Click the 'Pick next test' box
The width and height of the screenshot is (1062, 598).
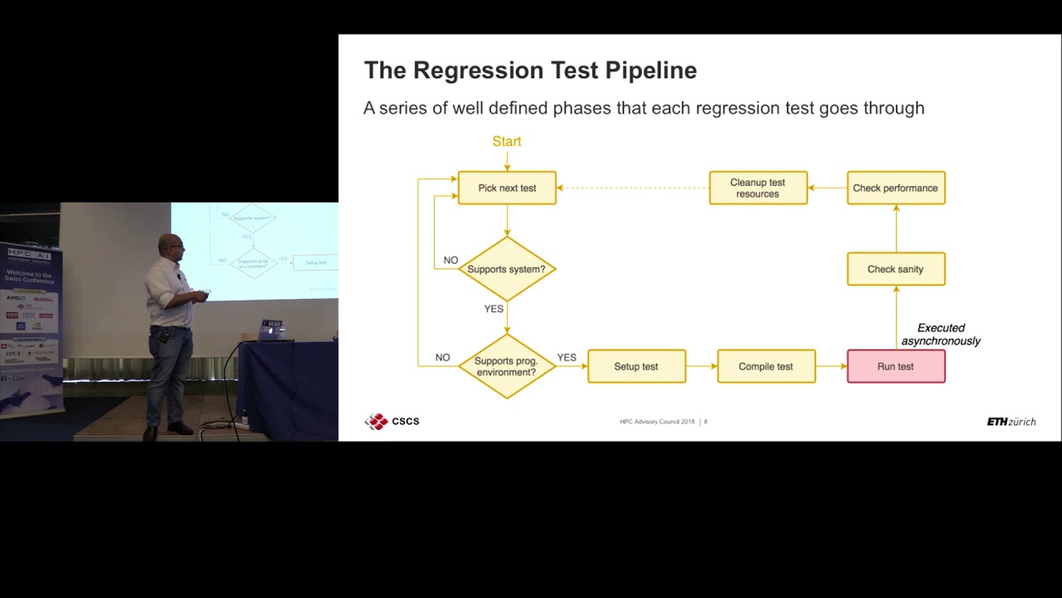point(507,188)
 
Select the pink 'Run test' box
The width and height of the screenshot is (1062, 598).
point(895,366)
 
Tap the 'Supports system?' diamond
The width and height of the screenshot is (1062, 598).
point(506,269)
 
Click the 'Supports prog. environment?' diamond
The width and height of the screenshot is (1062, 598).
point(506,366)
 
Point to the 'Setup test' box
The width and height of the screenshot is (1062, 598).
point(636,366)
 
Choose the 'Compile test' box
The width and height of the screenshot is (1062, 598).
point(766,366)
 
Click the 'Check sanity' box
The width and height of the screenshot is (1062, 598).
point(895,269)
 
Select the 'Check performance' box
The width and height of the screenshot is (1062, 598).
point(895,188)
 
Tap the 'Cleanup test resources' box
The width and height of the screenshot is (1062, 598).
point(758,188)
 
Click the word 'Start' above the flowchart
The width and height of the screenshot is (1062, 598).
point(506,141)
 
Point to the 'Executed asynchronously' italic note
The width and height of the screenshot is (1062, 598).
point(941,334)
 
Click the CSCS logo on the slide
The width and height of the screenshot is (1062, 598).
point(392,421)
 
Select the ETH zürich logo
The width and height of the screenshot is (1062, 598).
point(1011,422)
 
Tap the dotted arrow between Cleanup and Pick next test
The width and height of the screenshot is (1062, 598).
point(632,188)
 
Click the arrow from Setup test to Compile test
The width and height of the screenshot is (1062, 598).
point(702,366)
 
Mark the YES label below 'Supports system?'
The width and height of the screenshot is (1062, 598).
point(494,308)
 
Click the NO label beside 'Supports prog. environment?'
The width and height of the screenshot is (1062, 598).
point(442,357)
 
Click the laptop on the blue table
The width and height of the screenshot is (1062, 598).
point(271,330)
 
